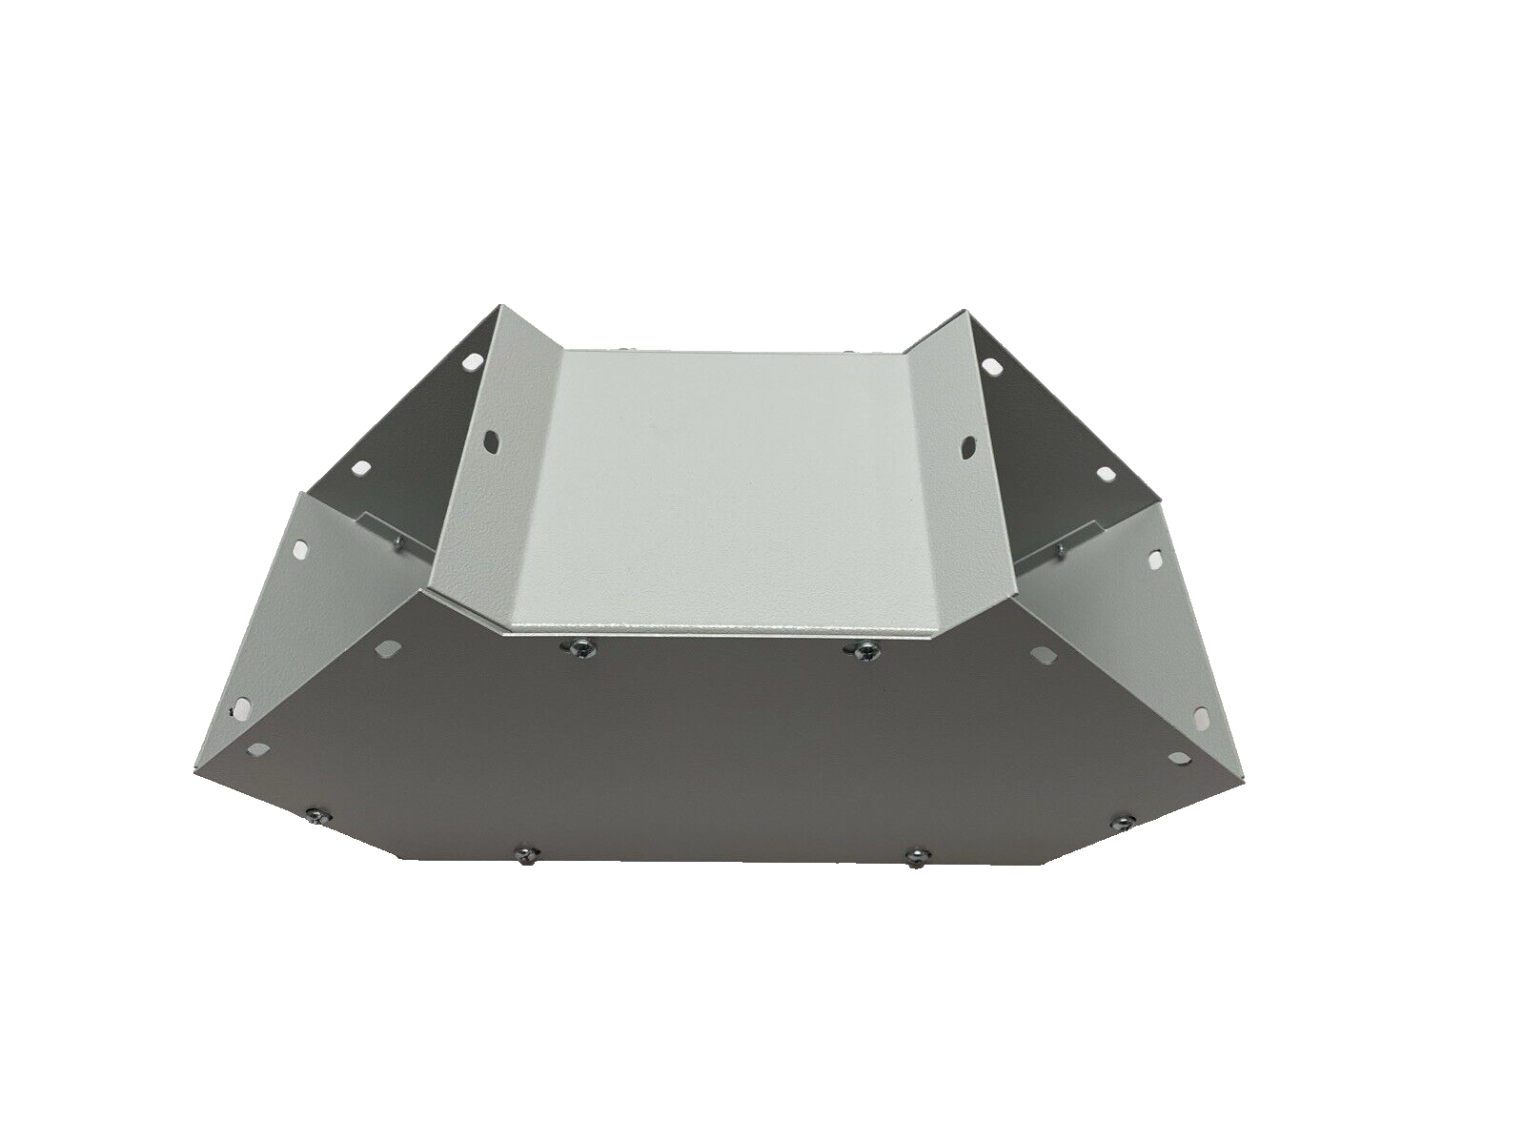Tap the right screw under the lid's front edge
[x=864, y=651]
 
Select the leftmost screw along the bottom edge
[x=314, y=815]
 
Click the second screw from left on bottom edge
[x=522, y=852]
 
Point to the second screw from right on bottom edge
[x=915, y=856]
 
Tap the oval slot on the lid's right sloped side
[x=968, y=444]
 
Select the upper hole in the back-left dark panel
[x=470, y=363]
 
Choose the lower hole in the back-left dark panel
[x=361, y=469]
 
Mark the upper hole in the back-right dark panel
[x=992, y=366]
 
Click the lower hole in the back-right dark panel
[x=1105, y=473]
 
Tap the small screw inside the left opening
[x=397, y=542]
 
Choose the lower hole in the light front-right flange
[x=1202, y=714]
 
